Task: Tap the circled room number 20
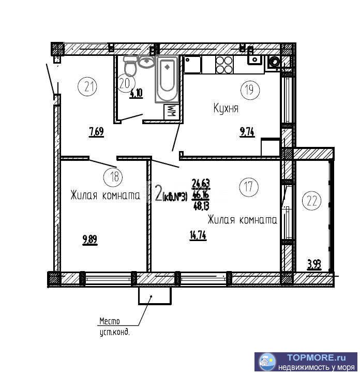pos(125,82)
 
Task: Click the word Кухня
pos(226,108)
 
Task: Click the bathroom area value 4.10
pos(136,94)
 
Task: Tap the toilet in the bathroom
pos(130,65)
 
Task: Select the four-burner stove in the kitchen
pos(224,65)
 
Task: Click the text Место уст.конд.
pos(114,327)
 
